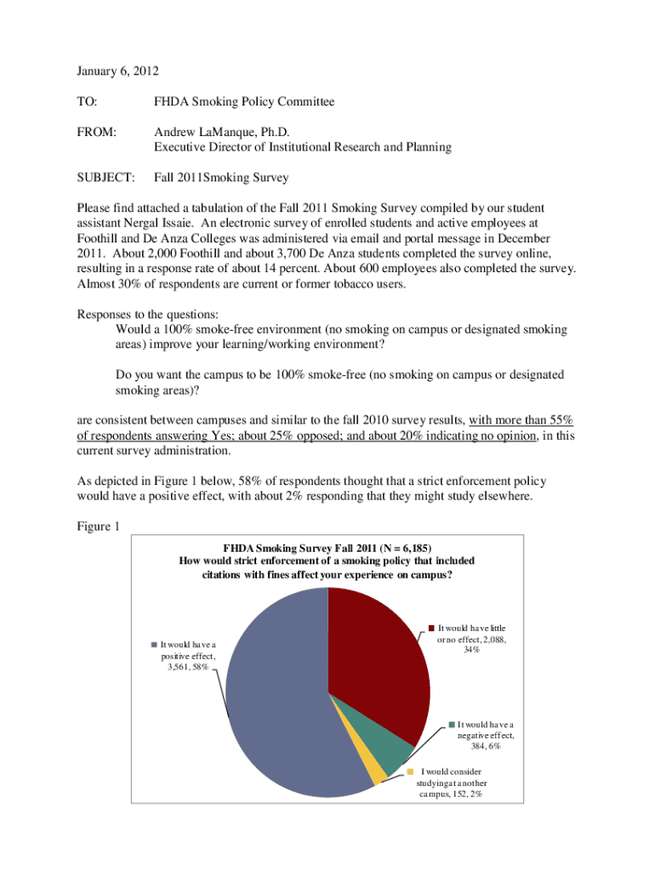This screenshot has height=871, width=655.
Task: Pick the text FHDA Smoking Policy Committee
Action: [x=244, y=102]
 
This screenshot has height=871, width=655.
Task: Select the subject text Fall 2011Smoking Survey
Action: [x=221, y=178]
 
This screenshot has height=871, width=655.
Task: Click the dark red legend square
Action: [x=431, y=629]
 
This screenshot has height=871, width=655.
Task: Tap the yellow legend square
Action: [x=410, y=771]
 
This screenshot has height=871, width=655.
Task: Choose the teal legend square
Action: [x=451, y=724]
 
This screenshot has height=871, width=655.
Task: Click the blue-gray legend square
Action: [x=154, y=644]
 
